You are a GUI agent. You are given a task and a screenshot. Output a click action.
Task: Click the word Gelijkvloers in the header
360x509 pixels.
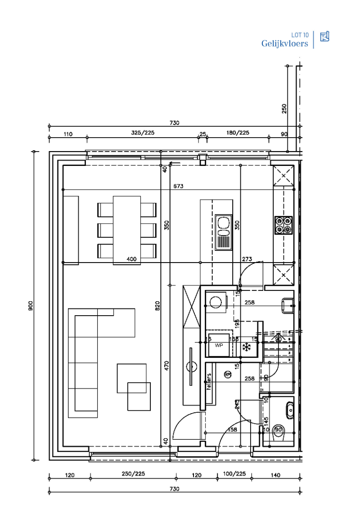(284, 44)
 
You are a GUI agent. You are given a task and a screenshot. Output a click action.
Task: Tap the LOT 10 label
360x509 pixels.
(300, 35)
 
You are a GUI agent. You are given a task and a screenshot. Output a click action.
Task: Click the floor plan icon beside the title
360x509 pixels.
(324, 37)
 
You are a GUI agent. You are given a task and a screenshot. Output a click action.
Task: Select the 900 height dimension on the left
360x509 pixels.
(30, 306)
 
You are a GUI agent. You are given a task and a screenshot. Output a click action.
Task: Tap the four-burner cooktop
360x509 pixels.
(283, 225)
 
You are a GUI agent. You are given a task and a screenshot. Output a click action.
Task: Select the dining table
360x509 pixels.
(126, 229)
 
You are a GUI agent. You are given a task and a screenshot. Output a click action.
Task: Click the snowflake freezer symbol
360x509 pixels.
(246, 347)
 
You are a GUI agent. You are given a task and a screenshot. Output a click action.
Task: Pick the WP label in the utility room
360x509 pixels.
(219, 345)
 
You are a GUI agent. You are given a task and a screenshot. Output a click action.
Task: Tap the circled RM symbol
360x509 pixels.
(228, 374)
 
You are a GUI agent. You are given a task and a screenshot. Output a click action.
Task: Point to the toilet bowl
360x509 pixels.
(279, 430)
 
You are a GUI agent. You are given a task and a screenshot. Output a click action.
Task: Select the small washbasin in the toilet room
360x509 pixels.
(290, 410)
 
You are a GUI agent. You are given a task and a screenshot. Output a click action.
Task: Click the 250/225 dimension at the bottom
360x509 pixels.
(133, 475)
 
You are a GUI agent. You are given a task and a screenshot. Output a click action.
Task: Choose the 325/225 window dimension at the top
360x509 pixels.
(142, 133)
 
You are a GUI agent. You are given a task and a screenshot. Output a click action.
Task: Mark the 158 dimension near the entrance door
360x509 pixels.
(233, 430)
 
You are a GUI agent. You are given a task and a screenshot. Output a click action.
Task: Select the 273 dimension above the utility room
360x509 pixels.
(247, 259)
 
